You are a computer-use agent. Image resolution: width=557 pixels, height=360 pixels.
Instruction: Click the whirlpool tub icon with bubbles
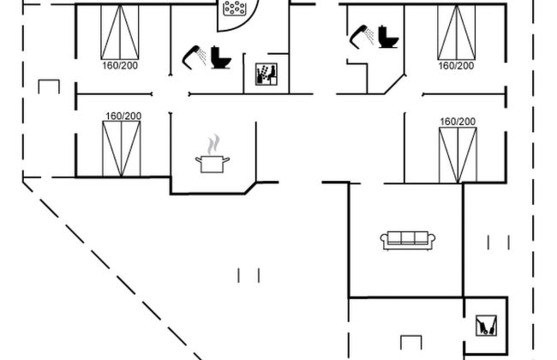[x=234, y=9]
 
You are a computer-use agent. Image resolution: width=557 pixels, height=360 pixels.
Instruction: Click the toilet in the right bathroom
[x=388, y=36]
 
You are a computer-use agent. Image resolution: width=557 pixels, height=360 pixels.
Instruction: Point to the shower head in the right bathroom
[x=361, y=34]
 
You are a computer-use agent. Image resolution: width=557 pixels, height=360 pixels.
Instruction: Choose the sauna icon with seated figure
[x=264, y=75]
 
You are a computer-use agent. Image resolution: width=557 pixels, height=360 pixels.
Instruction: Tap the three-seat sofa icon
[x=409, y=240]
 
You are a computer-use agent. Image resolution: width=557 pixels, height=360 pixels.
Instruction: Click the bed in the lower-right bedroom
[x=457, y=154]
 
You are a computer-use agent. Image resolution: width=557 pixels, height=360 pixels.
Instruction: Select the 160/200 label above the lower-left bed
[x=123, y=116]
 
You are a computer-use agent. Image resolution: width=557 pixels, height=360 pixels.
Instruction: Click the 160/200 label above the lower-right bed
[x=458, y=122]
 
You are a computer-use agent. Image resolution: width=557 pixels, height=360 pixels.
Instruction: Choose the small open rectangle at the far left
[x=49, y=86]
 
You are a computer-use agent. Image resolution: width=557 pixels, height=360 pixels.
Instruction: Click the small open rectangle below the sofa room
[x=411, y=340]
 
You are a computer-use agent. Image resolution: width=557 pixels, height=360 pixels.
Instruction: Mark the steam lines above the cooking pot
[x=215, y=141]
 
